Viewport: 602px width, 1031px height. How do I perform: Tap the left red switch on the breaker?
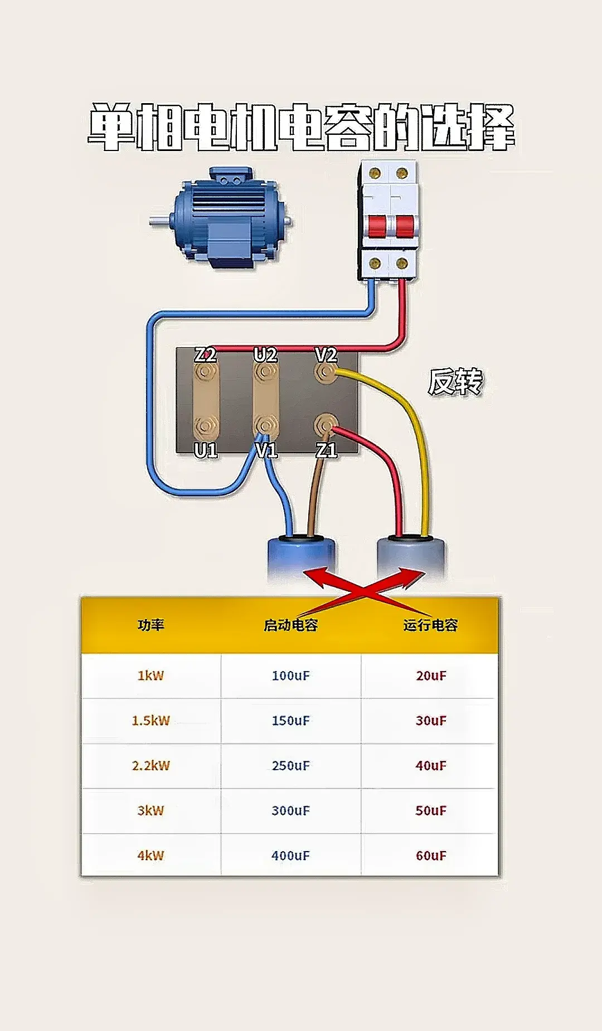click(x=376, y=225)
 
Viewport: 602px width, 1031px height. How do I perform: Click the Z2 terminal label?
click(x=205, y=354)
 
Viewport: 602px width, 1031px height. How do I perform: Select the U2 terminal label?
click(x=265, y=354)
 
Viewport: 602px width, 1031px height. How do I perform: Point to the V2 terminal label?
click(x=326, y=354)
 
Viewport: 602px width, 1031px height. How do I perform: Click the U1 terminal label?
click(x=205, y=450)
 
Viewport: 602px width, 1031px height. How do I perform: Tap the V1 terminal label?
click(x=266, y=450)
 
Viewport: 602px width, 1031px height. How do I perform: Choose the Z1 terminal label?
click(x=326, y=450)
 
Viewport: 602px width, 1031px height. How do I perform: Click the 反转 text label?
click(x=455, y=382)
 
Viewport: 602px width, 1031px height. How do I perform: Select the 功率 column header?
click(x=151, y=625)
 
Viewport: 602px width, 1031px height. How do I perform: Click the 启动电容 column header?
click(x=290, y=625)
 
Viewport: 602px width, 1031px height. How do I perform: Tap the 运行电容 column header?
click(x=430, y=625)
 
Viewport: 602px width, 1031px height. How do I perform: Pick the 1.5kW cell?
click(x=151, y=720)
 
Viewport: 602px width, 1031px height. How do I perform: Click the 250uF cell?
click(x=290, y=765)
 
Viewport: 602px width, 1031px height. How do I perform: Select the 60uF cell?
click(x=431, y=855)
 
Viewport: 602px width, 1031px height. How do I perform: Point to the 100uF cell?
click(x=290, y=675)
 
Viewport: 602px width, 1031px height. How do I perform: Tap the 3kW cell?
click(x=151, y=810)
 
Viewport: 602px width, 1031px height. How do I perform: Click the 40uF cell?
click(x=431, y=765)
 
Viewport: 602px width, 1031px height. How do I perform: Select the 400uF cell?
click(x=290, y=855)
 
